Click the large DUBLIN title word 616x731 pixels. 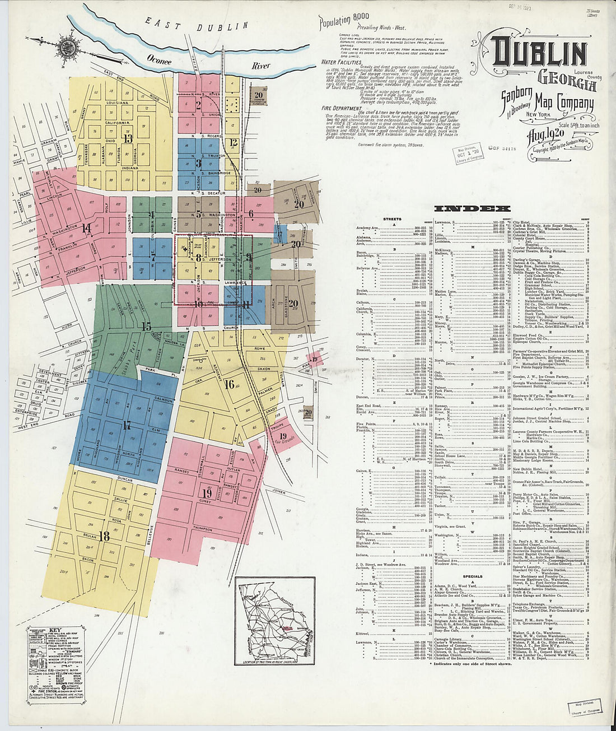(539, 54)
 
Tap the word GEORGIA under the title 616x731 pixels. (567, 82)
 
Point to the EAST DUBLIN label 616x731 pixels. (196, 25)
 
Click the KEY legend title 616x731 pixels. (55, 629)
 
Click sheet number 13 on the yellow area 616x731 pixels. (128, 138)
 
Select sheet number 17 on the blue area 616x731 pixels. (127, 425)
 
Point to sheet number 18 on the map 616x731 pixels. (104, 536)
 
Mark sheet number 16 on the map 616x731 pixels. (229, 384)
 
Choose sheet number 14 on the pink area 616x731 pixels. (86, 228)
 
